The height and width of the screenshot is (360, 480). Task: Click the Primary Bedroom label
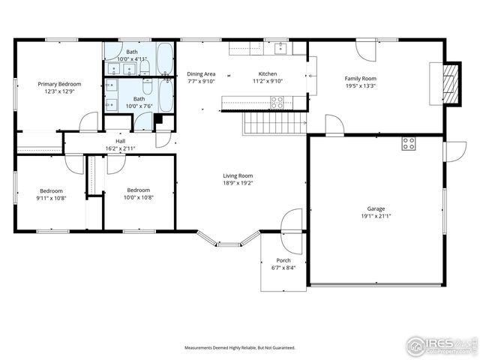tap(59, 84)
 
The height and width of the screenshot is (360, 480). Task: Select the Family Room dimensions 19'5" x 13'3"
tap(360, 85)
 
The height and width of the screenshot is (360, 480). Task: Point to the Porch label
tap(283, 260)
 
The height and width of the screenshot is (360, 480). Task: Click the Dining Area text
tap(201, 73)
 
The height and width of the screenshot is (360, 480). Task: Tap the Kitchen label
tap(268, 73)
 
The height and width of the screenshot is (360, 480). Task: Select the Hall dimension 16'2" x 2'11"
tap(120, 148)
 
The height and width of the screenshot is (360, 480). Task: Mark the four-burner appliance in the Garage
tap(409, 144)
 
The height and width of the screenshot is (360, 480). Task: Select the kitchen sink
tap(282, 49)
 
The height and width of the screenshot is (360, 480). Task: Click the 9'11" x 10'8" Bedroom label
tap(52, 194)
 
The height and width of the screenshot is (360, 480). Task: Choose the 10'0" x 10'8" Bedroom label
tap(139, 194)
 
